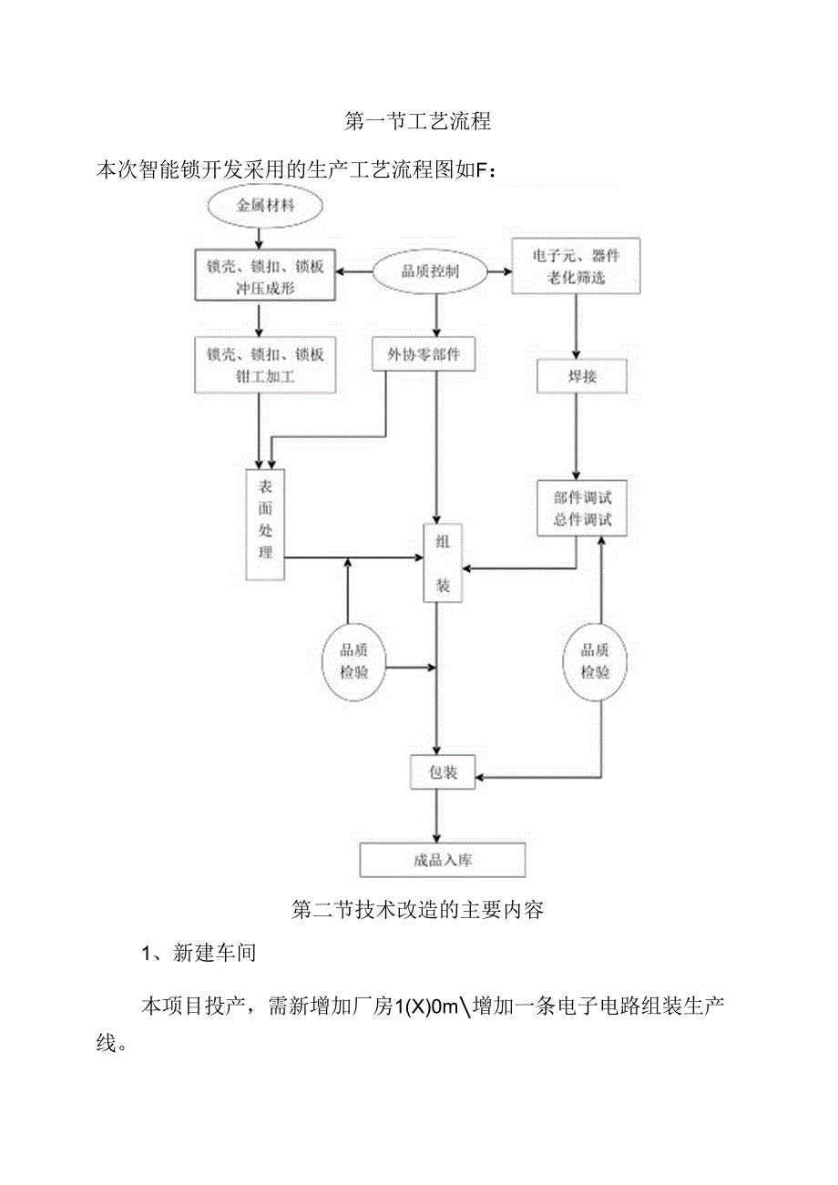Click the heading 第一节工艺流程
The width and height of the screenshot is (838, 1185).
[418, 120]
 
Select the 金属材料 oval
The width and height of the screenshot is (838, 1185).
[266, 205]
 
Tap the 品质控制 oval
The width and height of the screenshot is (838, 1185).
[431, 271]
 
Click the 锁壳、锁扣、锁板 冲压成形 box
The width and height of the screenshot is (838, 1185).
[264, 275]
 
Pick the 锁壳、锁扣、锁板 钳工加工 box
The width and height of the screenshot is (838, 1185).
[264, 364]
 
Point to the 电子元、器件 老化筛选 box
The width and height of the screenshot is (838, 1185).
[576, 266]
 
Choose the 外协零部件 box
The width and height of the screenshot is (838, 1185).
[424, 355]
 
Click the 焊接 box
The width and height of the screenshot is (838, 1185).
[582, 376]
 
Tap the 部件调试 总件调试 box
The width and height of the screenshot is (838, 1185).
[582, 508]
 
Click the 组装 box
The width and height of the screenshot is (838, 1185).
[443, 563]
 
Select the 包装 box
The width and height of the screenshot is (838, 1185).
[442, 773]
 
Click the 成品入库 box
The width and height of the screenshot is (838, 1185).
[443, 859]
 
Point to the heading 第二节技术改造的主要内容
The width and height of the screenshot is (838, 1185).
[417, 909]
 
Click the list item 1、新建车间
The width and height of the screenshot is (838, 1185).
[199, 954]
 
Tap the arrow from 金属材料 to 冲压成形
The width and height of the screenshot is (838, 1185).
[260, 236]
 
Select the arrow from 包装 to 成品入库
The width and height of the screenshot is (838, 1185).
[438, 815]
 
